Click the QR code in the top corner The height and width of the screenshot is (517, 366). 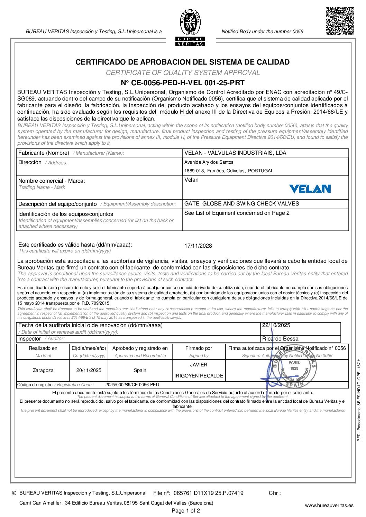(339, 21)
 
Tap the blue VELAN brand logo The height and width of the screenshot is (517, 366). (310, 189)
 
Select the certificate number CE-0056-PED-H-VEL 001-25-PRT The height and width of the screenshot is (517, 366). (183, 83)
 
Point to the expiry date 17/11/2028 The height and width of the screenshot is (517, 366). (198, 246)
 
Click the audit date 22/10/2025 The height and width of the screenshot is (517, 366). (276, 325)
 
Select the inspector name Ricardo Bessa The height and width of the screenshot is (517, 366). (280, 339)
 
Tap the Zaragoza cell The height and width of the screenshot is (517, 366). (43, 370)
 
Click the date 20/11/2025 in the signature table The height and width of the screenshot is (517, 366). (89, 370)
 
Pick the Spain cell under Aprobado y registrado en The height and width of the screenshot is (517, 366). (140, 370)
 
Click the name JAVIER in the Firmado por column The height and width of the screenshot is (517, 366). (199, 365)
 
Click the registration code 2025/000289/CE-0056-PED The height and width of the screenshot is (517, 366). (132, 385)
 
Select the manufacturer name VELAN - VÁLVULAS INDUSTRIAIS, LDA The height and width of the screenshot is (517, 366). (235, 153)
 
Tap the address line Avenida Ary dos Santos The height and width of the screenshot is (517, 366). (209, 162)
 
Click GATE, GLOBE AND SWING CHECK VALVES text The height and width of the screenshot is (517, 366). (242, 204)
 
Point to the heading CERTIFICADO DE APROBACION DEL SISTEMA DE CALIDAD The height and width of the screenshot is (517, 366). (183, 62)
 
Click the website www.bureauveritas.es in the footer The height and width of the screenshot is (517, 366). (329, 505)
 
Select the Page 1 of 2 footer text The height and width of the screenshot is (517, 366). (186, 511)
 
